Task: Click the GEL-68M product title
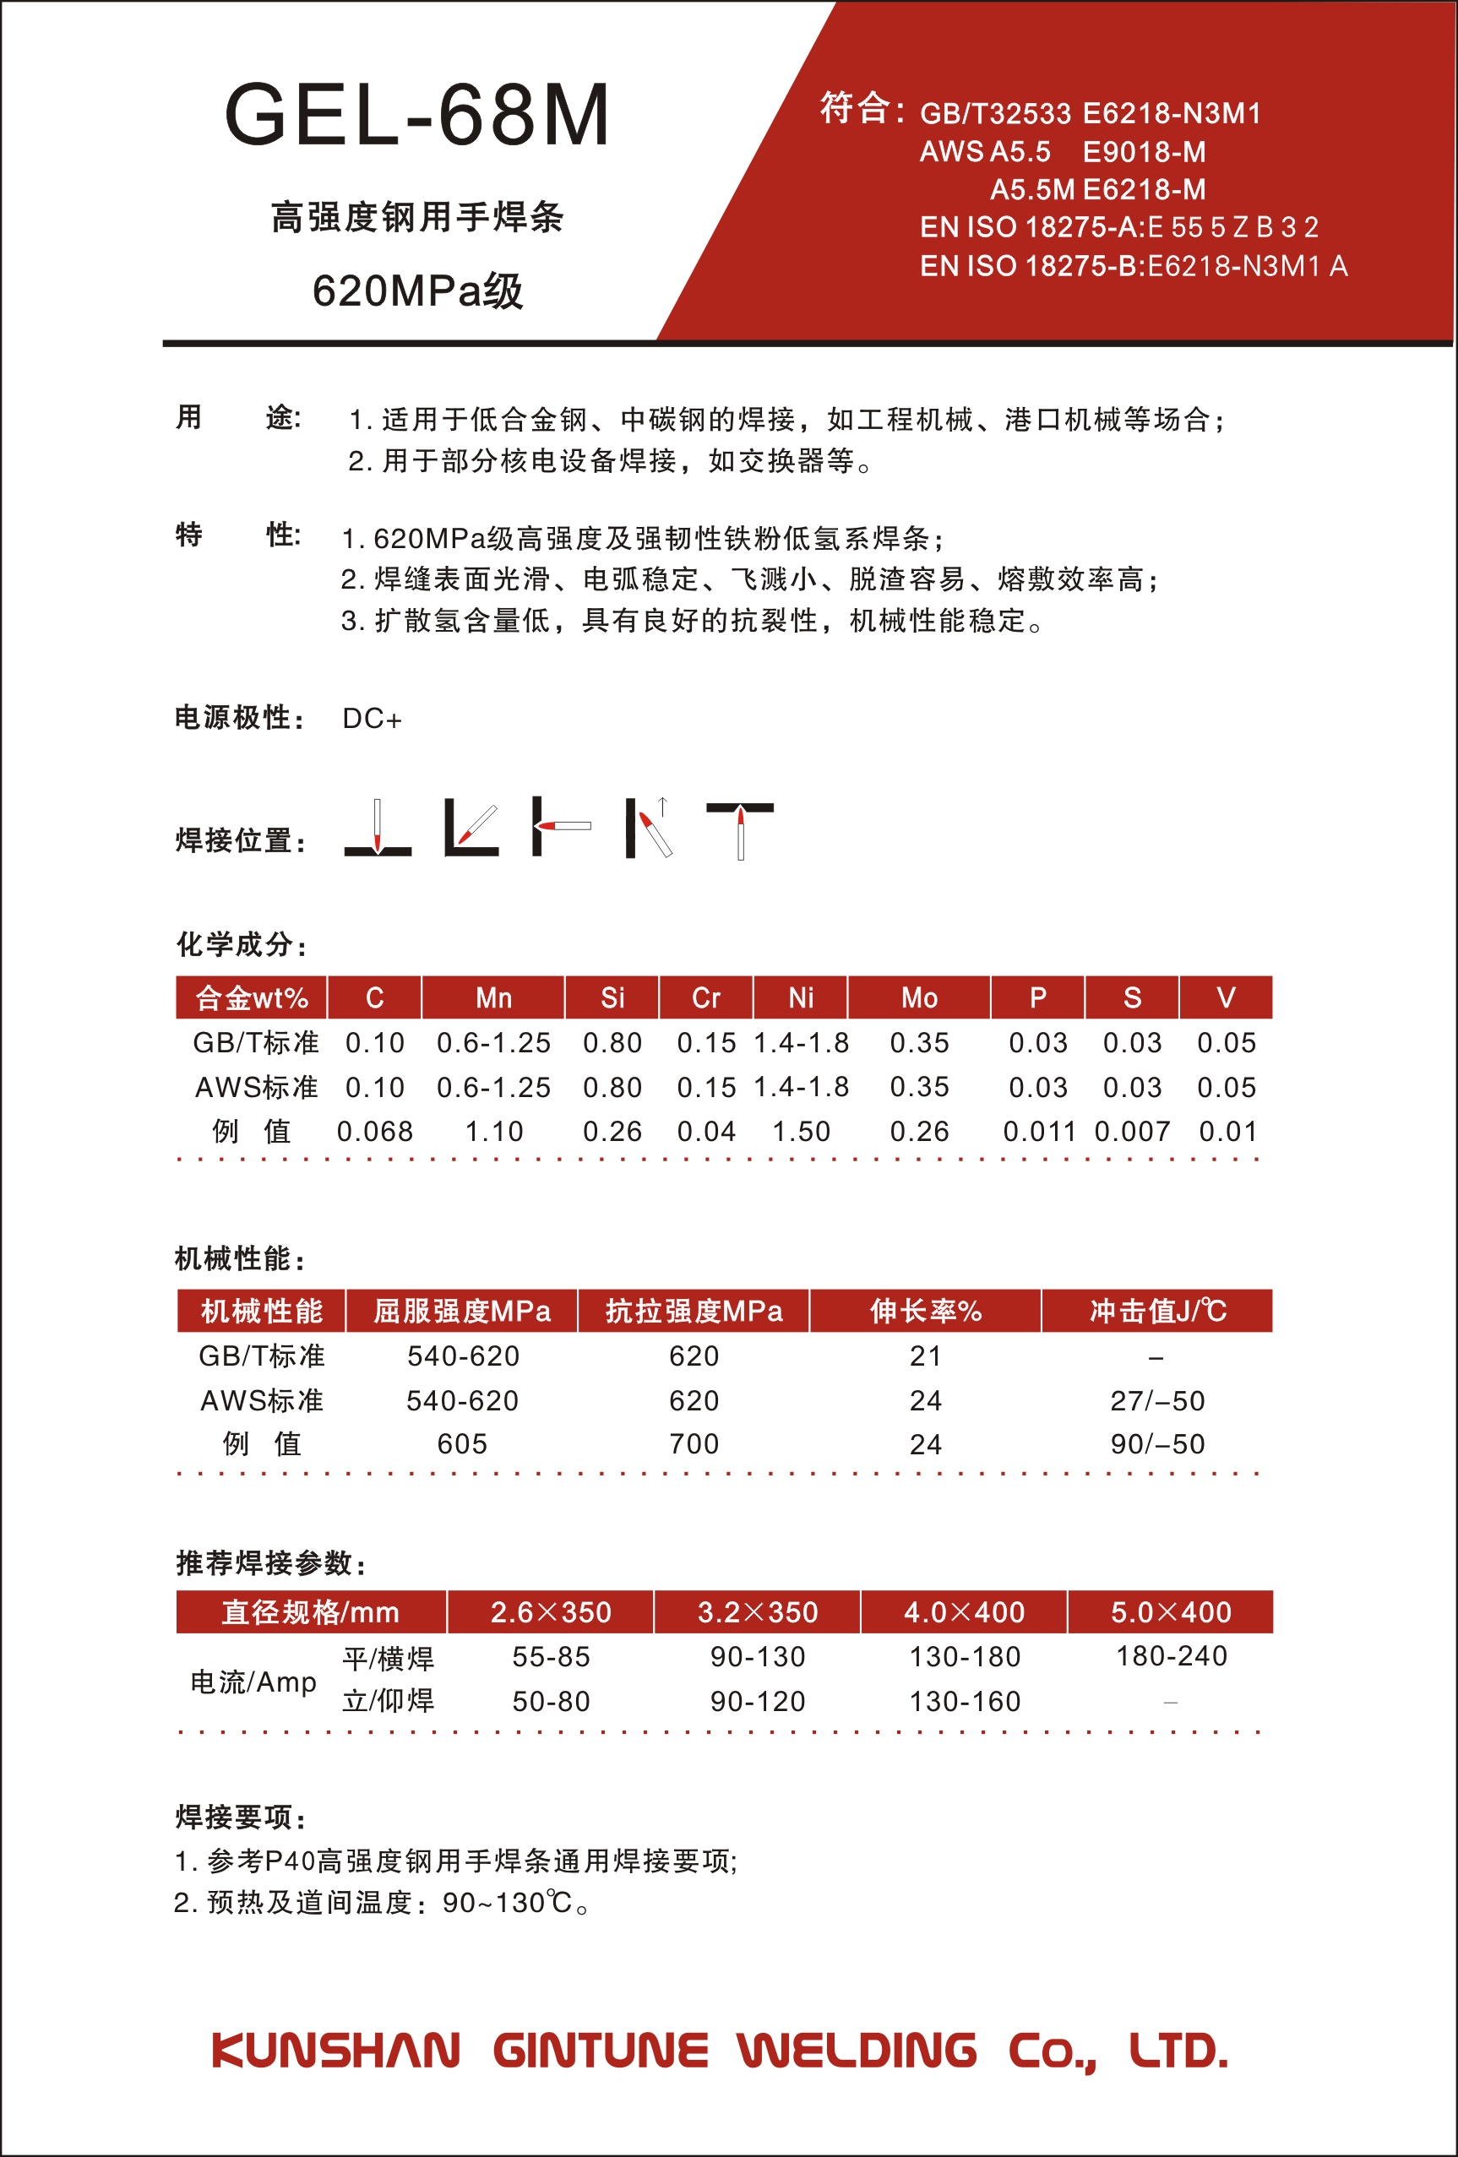[416, 115]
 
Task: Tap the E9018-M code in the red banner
[1144, 151]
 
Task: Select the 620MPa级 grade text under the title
[416, 291]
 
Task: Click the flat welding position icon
[378, 826]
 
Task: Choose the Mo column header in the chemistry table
[919, 997]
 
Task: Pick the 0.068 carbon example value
[375, 1132]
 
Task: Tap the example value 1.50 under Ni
[801, 1132]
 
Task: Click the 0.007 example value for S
[1131, 1132]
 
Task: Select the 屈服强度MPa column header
[461, 1311]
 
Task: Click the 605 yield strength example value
[462, 1444]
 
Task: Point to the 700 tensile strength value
[694, 1444]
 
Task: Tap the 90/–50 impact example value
[1157, 1444]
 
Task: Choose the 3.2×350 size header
[758, 1612]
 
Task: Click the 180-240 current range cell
[1172, 1656]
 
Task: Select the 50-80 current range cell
[552, 1701]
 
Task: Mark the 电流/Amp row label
[253, 1681]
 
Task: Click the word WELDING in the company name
[857, 2051]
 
